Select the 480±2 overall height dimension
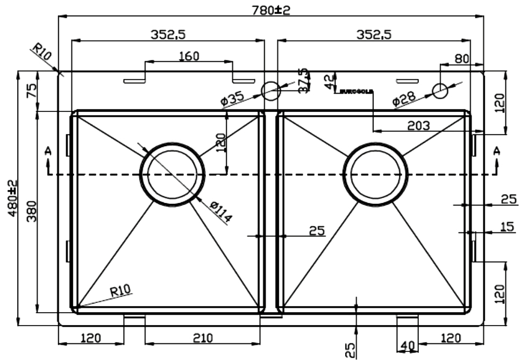click(12, 198)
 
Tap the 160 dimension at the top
click(189, 56)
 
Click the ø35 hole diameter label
click(232, 98)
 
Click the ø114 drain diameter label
click(221, 211)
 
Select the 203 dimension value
click(419, 125)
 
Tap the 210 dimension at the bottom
click(203, 338)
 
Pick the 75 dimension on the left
click(31, 90)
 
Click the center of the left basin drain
click(172, 174)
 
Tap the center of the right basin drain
click(376, 174)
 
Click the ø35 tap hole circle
click(271, 91)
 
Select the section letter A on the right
click(496, 151)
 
